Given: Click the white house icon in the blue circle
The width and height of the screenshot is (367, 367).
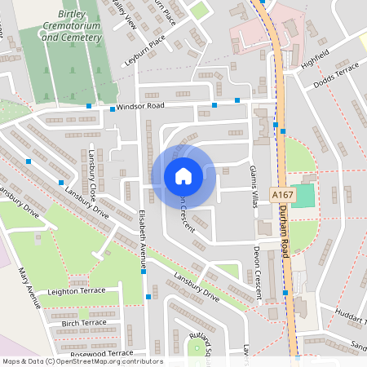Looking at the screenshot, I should pos(183,176).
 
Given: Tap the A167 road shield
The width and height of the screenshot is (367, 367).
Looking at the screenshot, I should pos(281,196).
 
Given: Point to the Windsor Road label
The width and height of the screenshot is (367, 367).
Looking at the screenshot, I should pos(140,107).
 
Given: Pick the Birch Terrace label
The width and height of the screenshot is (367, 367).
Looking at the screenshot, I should pos(84,323).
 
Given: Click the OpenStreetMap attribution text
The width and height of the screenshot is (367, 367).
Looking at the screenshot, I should pos(82,361).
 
